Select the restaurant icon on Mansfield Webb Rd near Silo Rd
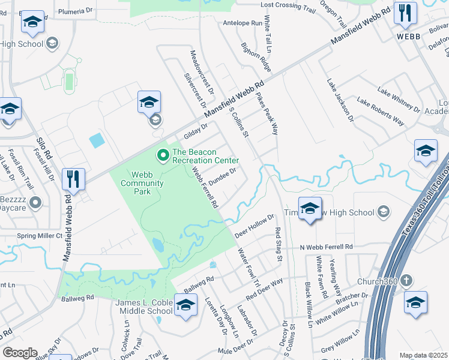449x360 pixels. [73, 179]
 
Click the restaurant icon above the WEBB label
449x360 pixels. [405, 13]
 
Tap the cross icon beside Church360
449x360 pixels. [407, 280]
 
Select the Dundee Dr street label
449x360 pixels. [226, 176]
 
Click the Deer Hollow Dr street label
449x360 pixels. [255, 224]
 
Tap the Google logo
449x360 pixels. [20, 353]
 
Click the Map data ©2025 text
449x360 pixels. [423, 355]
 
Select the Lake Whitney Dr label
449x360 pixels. [399, 99]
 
